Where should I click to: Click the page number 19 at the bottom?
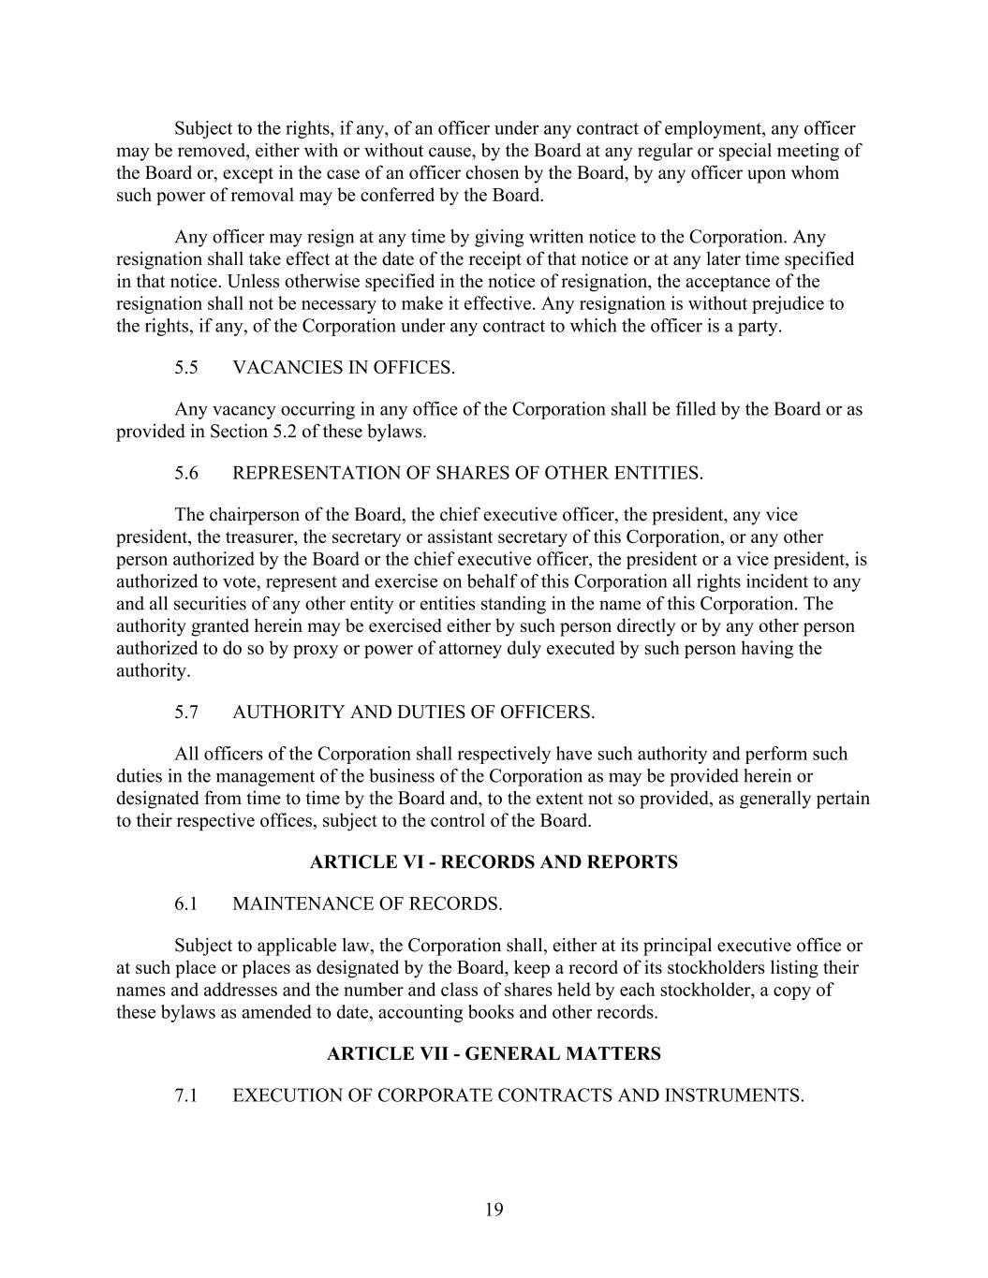(494, 1210)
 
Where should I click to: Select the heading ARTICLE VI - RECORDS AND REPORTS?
(494, 862)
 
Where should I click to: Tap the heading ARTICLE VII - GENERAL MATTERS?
(494, 1054)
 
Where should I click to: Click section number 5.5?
(186, 368)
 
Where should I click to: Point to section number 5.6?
(186, 474)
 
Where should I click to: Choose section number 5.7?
(186, 712)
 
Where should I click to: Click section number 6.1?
(186, 904)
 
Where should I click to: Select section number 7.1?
(186, 1096)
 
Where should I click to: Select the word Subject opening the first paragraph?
(204, 129)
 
